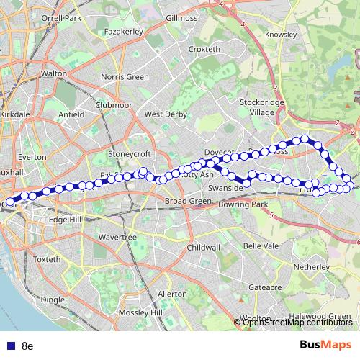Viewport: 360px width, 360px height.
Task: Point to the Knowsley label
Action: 281,34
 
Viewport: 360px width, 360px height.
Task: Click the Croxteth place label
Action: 204,49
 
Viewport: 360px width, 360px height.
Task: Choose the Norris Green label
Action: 125,76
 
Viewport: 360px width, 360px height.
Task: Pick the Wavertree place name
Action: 118,237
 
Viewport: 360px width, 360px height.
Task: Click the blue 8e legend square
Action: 9,346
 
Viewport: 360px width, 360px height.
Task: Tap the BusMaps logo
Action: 325,346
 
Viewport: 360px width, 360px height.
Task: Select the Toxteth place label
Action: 47,259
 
